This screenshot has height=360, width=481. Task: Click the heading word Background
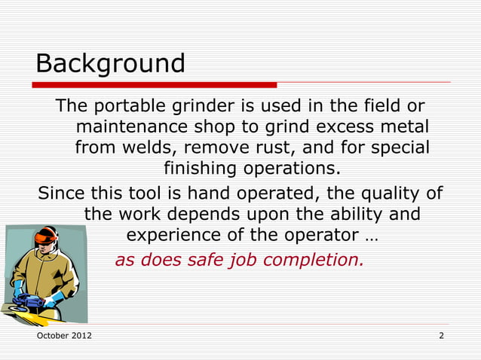pyautogui.click(x=110, y=63)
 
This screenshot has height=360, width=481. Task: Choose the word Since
pyautogui.click(x=62, y=194)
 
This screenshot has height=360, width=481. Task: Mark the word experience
pyautogui.click(x=173, y=235)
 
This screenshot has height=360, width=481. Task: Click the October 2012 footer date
pyautogui.click(x=65, y=334)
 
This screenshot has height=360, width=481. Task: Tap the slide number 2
pyautogui.click(x=441, y=334)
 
